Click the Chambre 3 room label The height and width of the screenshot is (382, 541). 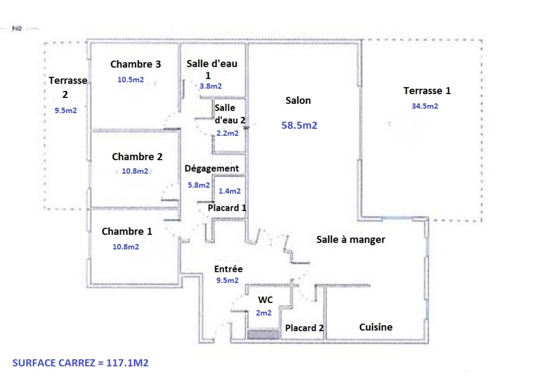point(136,64)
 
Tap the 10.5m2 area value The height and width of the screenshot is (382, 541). point(131,80)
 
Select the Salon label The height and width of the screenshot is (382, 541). point(298,100)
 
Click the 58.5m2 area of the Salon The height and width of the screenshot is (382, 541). point(299,125)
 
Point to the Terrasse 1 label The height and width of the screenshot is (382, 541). point(427,91)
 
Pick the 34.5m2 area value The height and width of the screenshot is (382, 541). point(425,106)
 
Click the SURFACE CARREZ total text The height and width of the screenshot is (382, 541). point(80,363)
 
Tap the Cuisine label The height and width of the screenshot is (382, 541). point(375,327)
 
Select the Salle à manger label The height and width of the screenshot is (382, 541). point(350,240)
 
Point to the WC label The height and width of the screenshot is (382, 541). point(265,300)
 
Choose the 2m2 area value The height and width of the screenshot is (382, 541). point(264,313)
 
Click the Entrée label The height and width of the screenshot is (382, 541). point(228,269)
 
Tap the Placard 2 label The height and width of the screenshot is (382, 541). point(304,328)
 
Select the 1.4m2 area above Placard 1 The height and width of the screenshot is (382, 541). point(229,191)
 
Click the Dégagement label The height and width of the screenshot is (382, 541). point(212,168)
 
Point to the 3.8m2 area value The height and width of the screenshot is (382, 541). point(211,86)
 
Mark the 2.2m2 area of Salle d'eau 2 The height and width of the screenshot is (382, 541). point(227,133)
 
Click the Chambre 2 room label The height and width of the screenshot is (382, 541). point(137,157)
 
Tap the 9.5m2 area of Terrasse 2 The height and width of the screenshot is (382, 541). point(65,110)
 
